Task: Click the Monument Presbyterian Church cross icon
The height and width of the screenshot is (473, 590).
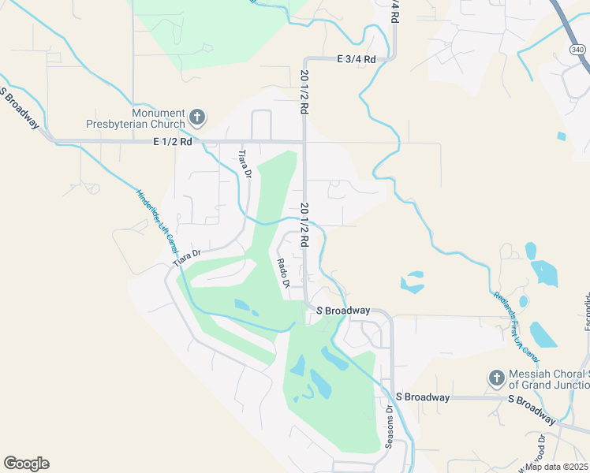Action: [197, 118]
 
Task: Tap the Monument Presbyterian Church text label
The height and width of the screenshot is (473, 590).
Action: [136, 118]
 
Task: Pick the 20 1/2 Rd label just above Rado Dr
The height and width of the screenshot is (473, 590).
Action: [304, 222]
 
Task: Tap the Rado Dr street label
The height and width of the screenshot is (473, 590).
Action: [284, 273]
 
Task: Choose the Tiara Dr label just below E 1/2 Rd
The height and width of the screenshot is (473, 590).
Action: [245, 164]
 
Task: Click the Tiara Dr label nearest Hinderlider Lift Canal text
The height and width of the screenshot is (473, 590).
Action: [189, 256]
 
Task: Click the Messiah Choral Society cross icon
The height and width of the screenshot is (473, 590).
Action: [497, 378]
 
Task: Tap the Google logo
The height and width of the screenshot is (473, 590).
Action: [26, 464]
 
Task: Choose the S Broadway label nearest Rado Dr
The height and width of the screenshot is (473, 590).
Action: [343, 311]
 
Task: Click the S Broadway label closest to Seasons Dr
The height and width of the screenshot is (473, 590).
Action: [422, 397]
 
